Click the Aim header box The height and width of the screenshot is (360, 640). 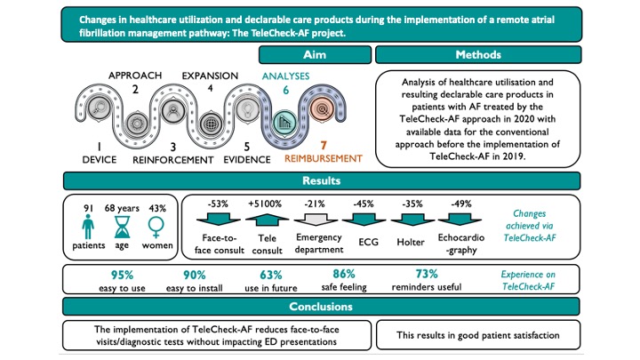[315, 55]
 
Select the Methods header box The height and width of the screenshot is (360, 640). [478, 55]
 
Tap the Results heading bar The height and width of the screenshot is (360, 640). [322, 180]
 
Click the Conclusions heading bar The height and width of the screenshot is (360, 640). [321, 307]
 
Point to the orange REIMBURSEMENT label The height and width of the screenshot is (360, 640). [324, 159]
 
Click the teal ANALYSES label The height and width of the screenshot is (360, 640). [285, 76]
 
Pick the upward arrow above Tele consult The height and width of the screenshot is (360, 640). [267, 220]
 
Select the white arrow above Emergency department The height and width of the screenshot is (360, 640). [316, 220]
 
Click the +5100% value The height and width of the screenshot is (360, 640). [265, 204]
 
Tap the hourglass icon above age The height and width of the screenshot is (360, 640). [122, 227]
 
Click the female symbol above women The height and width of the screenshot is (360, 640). [156, 227]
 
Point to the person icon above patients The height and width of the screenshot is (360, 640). [88, 227]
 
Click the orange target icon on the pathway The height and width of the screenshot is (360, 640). [323, 109]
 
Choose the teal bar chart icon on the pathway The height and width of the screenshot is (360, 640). [284, 122]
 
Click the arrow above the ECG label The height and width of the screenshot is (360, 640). [364, 220]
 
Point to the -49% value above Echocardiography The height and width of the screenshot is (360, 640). [460, 204]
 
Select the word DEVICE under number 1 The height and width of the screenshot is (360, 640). [100, 160]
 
